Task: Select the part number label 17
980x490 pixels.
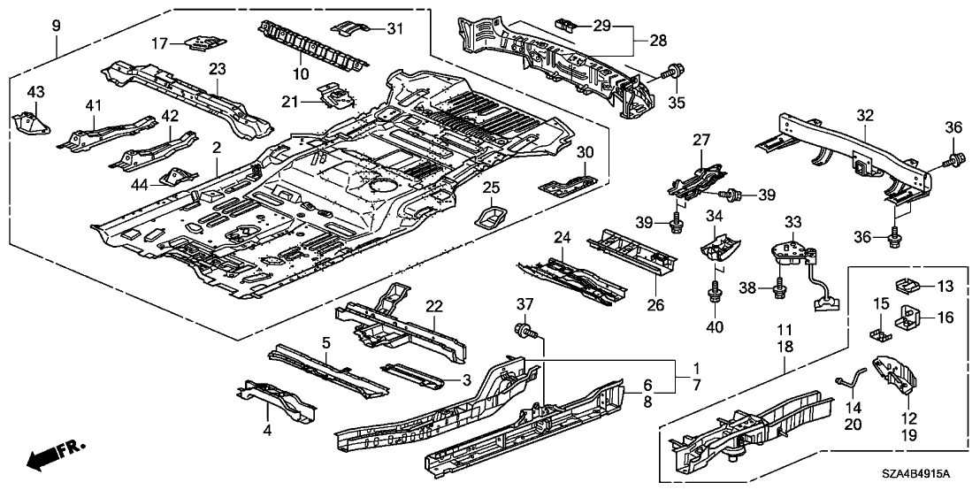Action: (x=159, y=42)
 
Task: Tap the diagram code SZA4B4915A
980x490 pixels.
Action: (x=930, y=475)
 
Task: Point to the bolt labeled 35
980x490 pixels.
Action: (x=676, y=70)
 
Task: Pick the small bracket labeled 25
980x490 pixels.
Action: (x=492, y=216)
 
